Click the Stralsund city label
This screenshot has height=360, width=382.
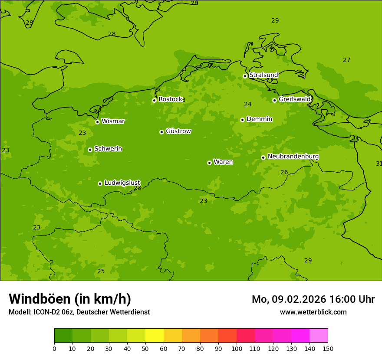pos(263,75)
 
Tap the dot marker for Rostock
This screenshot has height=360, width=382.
pos(154,100)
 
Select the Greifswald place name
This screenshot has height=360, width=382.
pos(294,99)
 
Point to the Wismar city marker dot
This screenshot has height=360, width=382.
pos(97,122)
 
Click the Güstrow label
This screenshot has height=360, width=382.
pos(178,131)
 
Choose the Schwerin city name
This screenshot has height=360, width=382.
pos(108,149)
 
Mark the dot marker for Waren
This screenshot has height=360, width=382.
pos(209,163)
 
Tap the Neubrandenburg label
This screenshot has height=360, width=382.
pos(293,157)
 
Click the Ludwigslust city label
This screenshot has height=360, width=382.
pos(122,183)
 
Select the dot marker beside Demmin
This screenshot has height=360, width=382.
pos(242,120)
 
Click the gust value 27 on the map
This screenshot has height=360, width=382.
pos(346,60)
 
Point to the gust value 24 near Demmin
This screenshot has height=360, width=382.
pos(247,104)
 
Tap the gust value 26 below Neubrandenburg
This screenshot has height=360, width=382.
pos(284,172)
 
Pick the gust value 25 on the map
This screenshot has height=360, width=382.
pos(101,271)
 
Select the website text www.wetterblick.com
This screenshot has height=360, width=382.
pos(313,312)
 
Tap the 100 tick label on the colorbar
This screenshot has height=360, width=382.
pos(237,348)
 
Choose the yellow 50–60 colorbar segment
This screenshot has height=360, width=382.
pos(155,335)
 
